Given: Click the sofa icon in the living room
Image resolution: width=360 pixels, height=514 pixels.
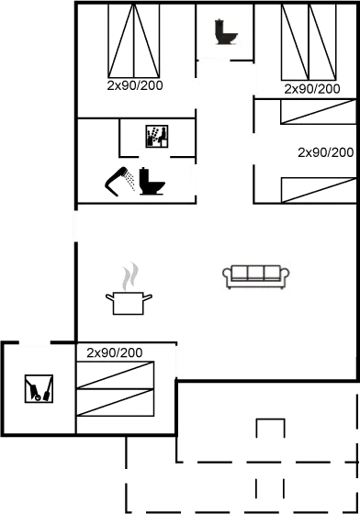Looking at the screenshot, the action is tap(254, 274).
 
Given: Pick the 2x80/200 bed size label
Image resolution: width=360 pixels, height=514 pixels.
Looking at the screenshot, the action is tap(312, 89).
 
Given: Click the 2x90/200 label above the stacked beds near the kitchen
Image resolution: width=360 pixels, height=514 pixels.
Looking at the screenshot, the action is tap(114, 353).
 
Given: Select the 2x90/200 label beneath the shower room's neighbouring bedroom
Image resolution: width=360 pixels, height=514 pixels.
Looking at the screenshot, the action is tap(136, 84).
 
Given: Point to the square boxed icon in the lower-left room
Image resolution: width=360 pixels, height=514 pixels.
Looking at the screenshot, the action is tap(39, 390).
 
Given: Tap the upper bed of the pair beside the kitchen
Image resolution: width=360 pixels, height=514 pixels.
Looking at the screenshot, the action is tap(114, 374).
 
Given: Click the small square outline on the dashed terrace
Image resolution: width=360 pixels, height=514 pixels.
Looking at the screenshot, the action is tap(268, 429).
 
